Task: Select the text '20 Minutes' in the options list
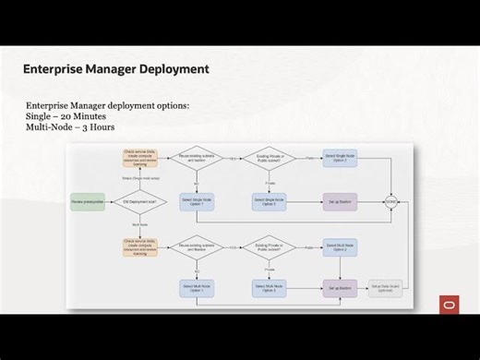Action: [81, 116]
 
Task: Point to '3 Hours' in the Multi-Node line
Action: [98, 126]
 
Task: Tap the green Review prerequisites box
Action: [88, 200]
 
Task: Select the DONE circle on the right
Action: [391, 200]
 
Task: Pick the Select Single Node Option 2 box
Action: [340, 158]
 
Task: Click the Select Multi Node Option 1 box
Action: [198, 288]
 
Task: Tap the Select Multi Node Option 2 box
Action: [340, 246]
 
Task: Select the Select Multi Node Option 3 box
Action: [269, 288]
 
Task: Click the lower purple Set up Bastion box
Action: [340, 288]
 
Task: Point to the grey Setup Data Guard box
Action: [386, 288]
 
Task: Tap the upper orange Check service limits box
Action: [138, 158]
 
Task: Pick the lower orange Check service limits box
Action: [138, 246]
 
